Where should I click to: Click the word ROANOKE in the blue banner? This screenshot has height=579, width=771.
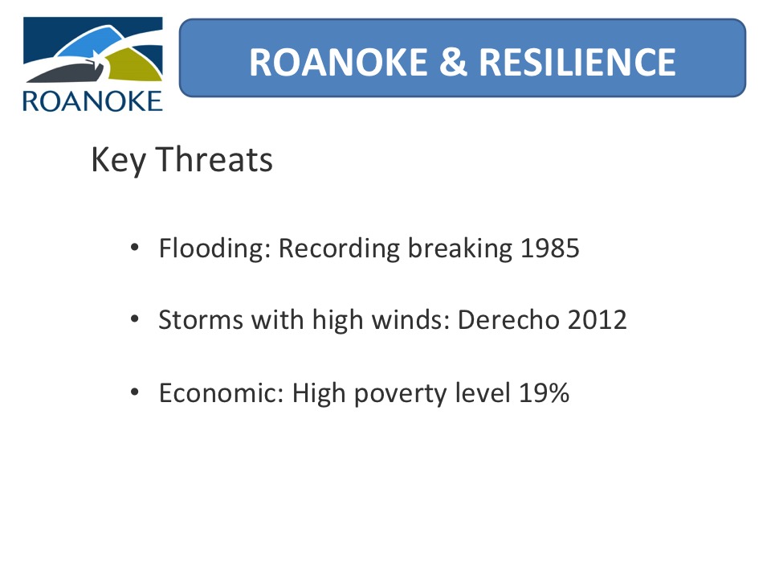(338, 63)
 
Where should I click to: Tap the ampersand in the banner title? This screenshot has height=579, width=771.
(453, 63)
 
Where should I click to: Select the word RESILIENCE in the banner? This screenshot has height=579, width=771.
(577, 63)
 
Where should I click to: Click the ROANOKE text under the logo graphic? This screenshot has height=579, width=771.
(92, 101)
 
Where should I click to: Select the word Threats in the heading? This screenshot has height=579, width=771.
(214, 159)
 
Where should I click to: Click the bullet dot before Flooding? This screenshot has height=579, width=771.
(135, 247)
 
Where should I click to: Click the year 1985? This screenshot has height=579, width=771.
(549, 248)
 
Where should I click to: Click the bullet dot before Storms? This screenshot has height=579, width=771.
(135, 319)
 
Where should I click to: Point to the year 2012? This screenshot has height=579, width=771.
(597, 320)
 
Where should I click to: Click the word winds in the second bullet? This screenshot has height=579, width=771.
(410, 320)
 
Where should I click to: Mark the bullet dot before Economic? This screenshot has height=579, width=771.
(135, 392)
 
